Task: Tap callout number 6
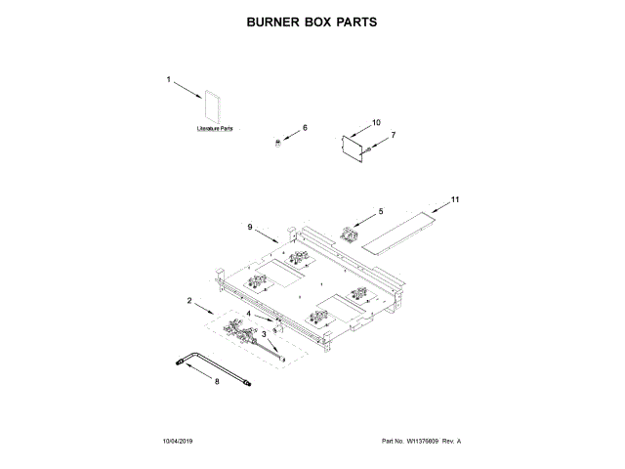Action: point(304,128)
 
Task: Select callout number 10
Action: point(376,123)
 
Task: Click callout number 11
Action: point(454,200)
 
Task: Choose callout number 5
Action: point(381,211)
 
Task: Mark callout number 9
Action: point(250,227)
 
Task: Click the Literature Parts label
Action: point(215,128)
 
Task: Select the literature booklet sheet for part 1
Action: point(213,107)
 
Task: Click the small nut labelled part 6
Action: point(276,143)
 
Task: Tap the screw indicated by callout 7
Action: point(372,149)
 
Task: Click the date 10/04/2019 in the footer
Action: point(180,442)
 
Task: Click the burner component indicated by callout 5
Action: point(350,233)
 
